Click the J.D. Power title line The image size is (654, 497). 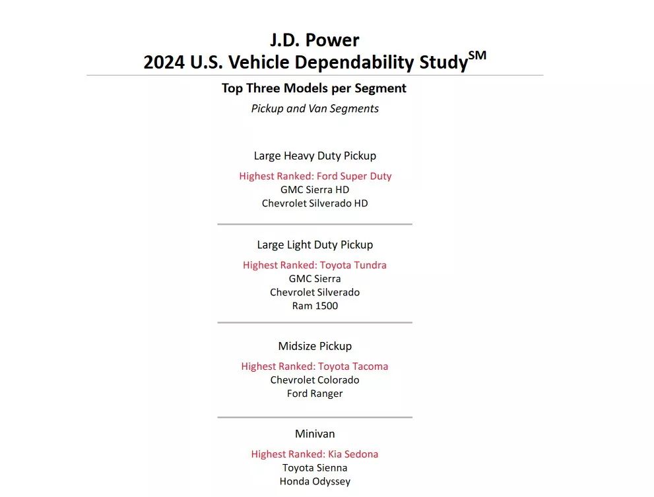coord(315,40)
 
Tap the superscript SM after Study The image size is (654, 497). coord(477,56)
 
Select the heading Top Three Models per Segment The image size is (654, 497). coord(314,88)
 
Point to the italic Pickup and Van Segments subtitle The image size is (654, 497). coord(315,109)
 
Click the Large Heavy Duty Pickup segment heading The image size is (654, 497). coord(315,156)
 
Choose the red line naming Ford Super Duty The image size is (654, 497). coord(315,176)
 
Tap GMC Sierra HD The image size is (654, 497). coord(315,190)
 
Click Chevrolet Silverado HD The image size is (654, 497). coord(315,204)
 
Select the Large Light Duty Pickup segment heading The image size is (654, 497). coord(315,245)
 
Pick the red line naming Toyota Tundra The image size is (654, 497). coord(315,265)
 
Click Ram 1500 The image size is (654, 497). coord(315,306)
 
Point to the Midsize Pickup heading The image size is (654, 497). coord(315,346)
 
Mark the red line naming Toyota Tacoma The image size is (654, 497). coord(315,366)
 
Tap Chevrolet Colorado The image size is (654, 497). coord(315,380)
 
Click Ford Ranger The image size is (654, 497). coord(315,394)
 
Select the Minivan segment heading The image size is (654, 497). coord(315,434)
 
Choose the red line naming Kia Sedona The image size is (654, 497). coord(315,454)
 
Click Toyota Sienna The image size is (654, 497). coord(315,468)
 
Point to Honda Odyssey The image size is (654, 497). coord(315,482)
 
